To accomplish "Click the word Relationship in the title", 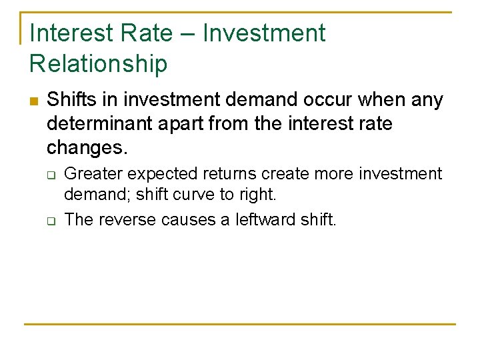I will (x=98, y=63).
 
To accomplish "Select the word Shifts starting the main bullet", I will (x=69, y=100).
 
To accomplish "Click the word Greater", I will (x=93, y=174).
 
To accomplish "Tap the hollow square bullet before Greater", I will (x=50, y=175).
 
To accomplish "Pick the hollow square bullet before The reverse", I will (x=50, y=220).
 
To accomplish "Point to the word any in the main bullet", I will (x=428, y=100).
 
